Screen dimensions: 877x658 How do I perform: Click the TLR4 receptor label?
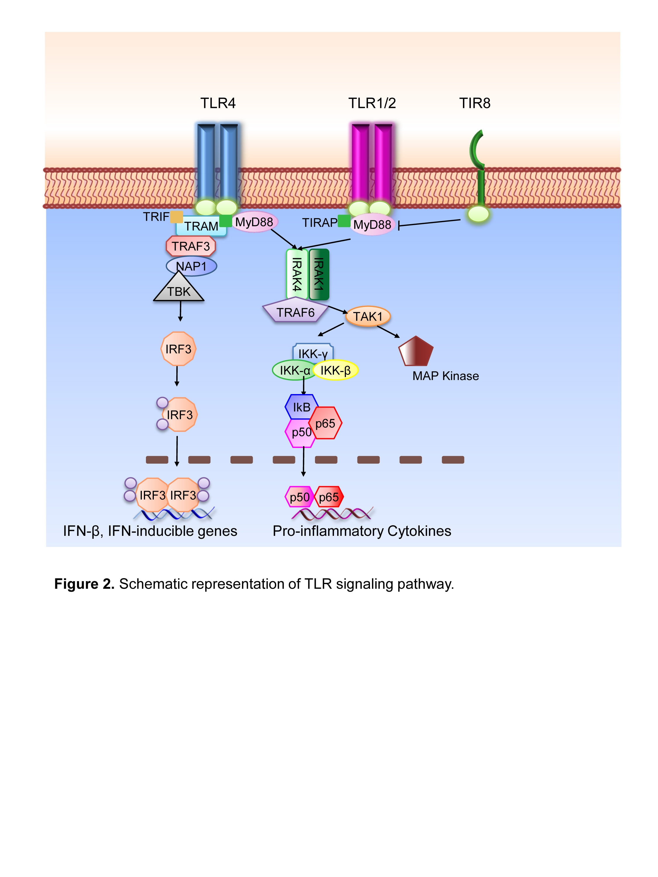218,103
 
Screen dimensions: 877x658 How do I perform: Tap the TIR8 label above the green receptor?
475,103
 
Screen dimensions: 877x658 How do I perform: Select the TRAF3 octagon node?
191,246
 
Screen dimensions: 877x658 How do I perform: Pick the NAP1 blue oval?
192,266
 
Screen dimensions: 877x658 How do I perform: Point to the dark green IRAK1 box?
319,274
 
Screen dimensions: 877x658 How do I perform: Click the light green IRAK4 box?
297,274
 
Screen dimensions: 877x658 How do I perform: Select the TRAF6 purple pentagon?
295,312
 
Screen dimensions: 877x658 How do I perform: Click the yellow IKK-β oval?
335,370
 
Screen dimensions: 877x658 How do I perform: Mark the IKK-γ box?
313,352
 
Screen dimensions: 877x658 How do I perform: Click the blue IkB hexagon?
302,407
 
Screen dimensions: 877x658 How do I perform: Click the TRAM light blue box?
201,226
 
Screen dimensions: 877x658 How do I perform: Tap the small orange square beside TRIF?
177,217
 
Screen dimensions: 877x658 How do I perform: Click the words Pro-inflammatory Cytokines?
362,531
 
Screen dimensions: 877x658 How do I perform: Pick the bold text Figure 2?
85,584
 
